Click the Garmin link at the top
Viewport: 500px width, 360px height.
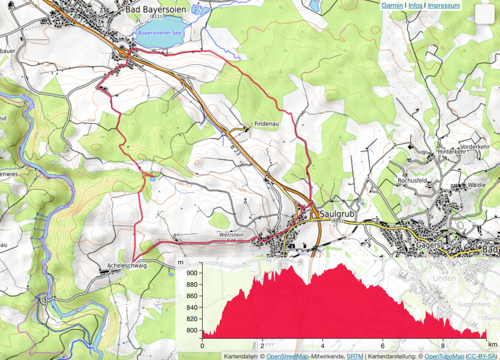click(392, 5)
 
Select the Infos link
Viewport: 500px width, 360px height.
click(415, 5)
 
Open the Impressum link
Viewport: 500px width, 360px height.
click(443, 5)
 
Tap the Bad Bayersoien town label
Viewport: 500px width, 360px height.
click(156, 10)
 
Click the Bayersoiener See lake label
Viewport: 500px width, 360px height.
click(160, 33)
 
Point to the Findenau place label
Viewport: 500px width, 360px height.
click(266, 124)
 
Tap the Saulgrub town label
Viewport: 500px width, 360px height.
click(337, 213)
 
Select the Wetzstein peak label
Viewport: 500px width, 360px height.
click(231, 235)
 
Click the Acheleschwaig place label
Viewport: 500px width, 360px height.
click(127, 265)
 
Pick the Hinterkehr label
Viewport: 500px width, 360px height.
click(452, 152)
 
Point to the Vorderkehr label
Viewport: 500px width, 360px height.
click(475, 147)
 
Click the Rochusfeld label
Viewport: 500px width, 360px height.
click(412, 180)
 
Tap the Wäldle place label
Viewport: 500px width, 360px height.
click(477, 185)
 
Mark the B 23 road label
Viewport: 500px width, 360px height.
click(235, 150)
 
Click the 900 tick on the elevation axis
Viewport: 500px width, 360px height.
click(192, 273)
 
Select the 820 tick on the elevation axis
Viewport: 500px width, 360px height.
click(192, 319)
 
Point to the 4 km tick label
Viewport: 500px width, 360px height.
click(322, 346)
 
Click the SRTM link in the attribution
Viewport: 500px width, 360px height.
click(355, 356)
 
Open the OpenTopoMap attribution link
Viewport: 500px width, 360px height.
click(444, 356)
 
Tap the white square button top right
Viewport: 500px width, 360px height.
click(484, 14)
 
